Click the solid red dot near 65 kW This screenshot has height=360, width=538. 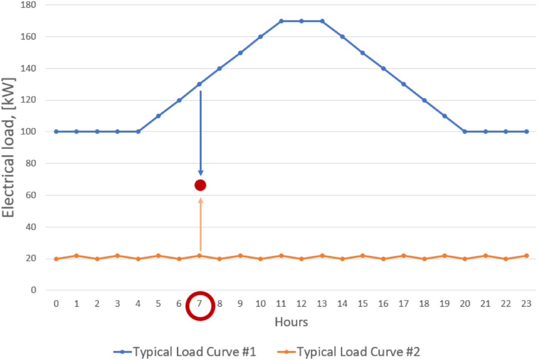point(200,185)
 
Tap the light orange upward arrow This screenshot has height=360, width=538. point(200,224)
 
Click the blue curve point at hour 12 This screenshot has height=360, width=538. point(301,21)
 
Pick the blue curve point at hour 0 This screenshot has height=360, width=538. point(56,131)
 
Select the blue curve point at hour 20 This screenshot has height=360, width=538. point(465,131)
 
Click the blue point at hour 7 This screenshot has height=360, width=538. point(200,84)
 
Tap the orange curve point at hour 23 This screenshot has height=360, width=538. point(526,256)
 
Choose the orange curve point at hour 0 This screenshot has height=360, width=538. point(56,259)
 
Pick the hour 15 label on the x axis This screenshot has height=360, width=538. point(363,304)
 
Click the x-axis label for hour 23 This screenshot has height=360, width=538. point(526,304)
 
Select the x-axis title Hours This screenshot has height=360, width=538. point(291,322)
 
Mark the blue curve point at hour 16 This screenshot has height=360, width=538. point(383,69)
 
